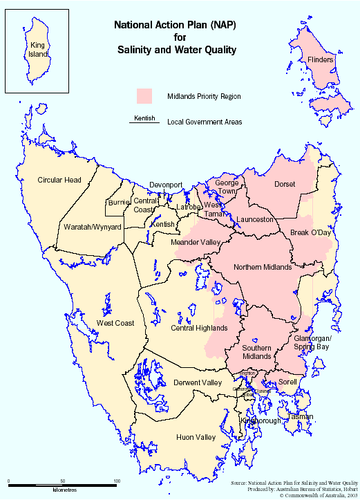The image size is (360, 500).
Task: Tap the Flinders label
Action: (x=321, y=60)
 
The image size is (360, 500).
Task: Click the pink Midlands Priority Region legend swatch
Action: (x=144, y=96)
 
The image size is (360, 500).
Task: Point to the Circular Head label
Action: (x=59, y=180)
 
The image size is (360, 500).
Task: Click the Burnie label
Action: (x=117, y=203)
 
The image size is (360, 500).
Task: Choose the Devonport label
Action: (x=167, y=185)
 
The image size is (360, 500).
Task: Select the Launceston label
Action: (x=256, y=219)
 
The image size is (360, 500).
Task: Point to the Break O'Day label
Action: (x=311, y=232)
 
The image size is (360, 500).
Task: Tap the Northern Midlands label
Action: (x=263, y=267)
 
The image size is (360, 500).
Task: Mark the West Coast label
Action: (x=115, y=323)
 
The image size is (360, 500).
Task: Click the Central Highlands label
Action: (x=199, y=328)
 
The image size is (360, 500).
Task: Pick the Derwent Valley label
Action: (x=198, y=382)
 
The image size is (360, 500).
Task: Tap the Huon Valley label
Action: (x=196, y=437)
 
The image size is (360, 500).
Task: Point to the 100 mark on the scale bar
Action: (x=117, y=481)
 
